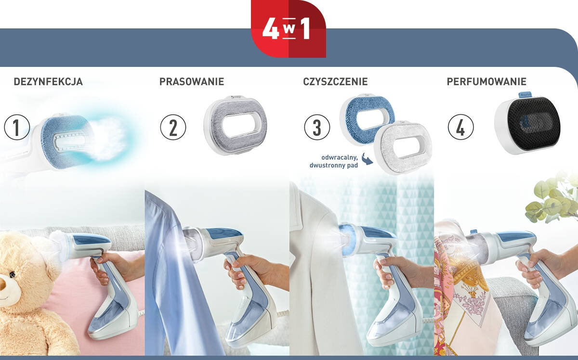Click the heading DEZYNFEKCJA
click(48, 82)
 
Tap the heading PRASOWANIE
click(192, 82)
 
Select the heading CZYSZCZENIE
click(335, 82)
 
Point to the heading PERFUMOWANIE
click(486, 82)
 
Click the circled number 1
click(17, 128)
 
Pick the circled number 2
click(173, 128)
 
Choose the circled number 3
click(317, 128)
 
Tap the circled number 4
click(461, 128)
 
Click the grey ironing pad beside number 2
click(236, 124)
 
